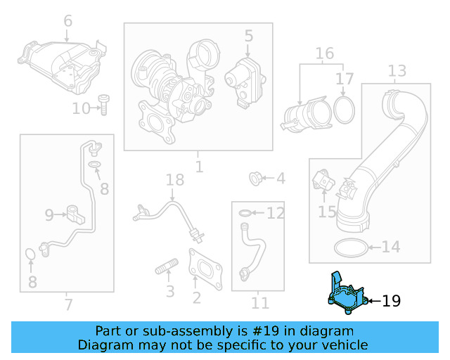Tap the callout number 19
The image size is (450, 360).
coord(391,302)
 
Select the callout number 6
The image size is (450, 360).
coord(67,21)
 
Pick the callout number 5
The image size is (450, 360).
coord(248,34)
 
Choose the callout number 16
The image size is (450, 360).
coord(324,53)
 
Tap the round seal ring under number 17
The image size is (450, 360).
coord(344,110)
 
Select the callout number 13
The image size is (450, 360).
coord(397,71)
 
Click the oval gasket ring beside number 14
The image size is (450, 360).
coord(349,247)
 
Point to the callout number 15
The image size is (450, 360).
coord(327,211)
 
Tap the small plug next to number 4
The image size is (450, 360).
coord(257,179)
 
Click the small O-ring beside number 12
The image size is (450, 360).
coord(243,212)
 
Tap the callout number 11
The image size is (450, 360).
coord(260,304)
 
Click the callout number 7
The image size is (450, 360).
coord(67,304)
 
